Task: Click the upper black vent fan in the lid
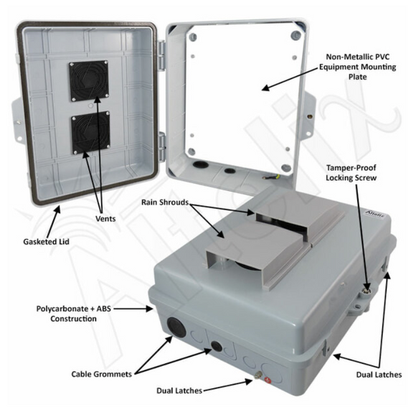coord(89,81)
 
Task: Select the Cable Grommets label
coord(100,373)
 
